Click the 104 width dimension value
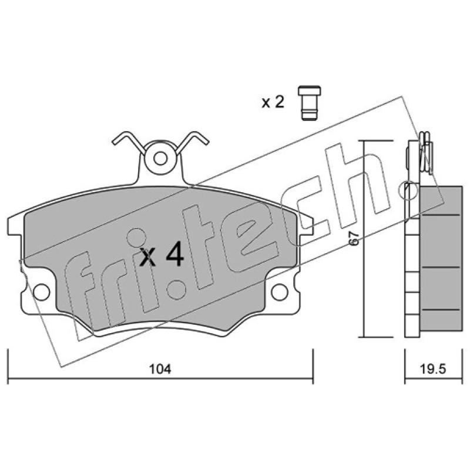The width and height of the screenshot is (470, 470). click(x=160, y=369)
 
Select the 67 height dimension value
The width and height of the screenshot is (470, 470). click(x=355, y=239)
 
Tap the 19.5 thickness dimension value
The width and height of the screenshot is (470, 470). click(x=432, y=369)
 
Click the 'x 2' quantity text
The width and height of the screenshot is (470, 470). click(x=273, y=102)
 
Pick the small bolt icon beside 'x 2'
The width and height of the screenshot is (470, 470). click(x=310, y=103)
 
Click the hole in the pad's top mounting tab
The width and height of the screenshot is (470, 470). click(x=160, y=158)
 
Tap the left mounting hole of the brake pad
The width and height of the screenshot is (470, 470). click(x=42, y=292)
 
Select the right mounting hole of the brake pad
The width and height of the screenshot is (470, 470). click(x=280, y=292)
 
